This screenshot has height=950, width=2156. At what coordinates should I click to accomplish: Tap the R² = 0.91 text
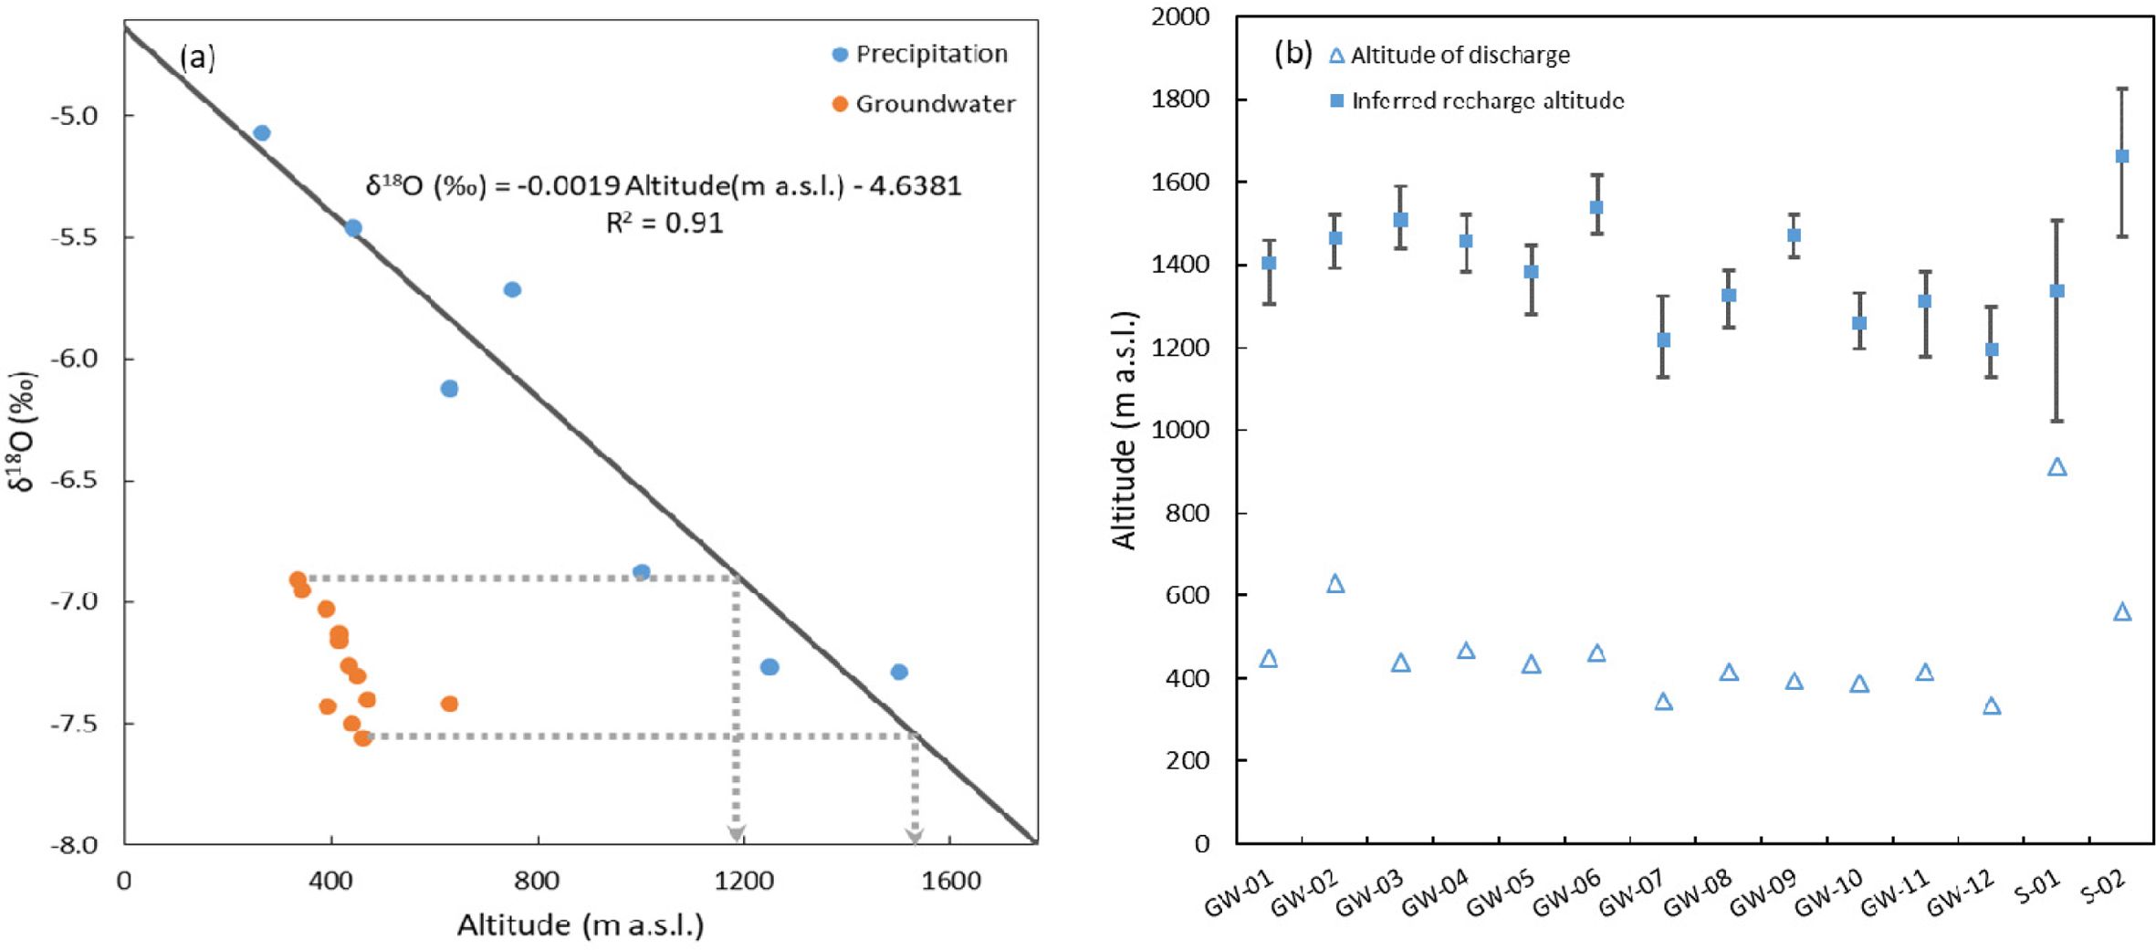[665, 223]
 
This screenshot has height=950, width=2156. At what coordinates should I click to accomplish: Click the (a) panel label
[198, 58]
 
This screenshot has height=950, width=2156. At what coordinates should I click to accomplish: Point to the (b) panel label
[1293, 54]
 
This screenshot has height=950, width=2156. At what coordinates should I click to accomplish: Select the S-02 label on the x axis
[2105, 887]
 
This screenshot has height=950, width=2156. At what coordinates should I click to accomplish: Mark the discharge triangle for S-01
[2057, 467]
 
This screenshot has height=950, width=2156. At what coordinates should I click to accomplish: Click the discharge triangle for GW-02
[1334, 584]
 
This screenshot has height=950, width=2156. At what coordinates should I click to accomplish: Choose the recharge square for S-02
[2122, 156]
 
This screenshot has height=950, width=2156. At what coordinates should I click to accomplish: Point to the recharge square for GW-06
[1596, 207]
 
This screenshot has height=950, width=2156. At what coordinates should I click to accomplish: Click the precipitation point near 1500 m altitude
[899, 672]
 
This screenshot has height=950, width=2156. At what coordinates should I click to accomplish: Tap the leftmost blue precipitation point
[262, 133]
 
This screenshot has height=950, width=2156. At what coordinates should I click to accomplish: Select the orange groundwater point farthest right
[449, 704]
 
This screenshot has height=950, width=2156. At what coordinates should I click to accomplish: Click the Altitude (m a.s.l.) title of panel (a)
[581, 925]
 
